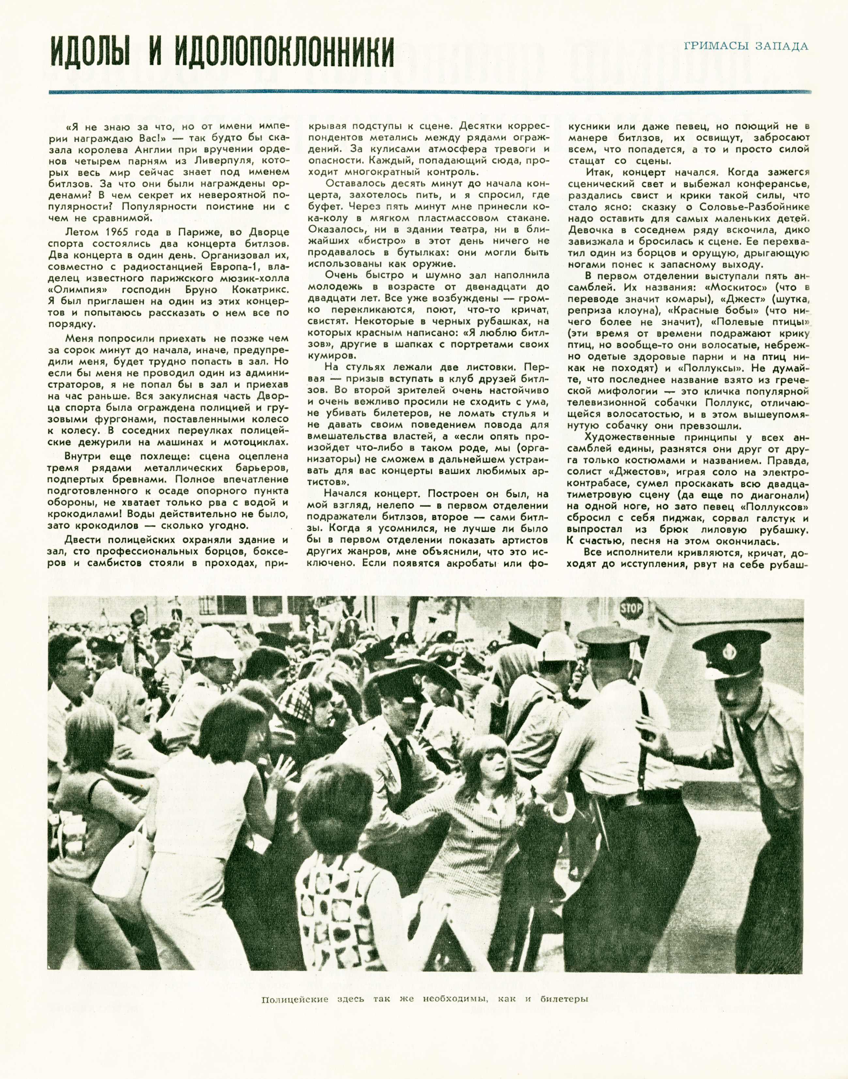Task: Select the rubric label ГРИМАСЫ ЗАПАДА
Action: [x=746, y=46]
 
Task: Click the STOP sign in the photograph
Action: [x=632, y=609]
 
